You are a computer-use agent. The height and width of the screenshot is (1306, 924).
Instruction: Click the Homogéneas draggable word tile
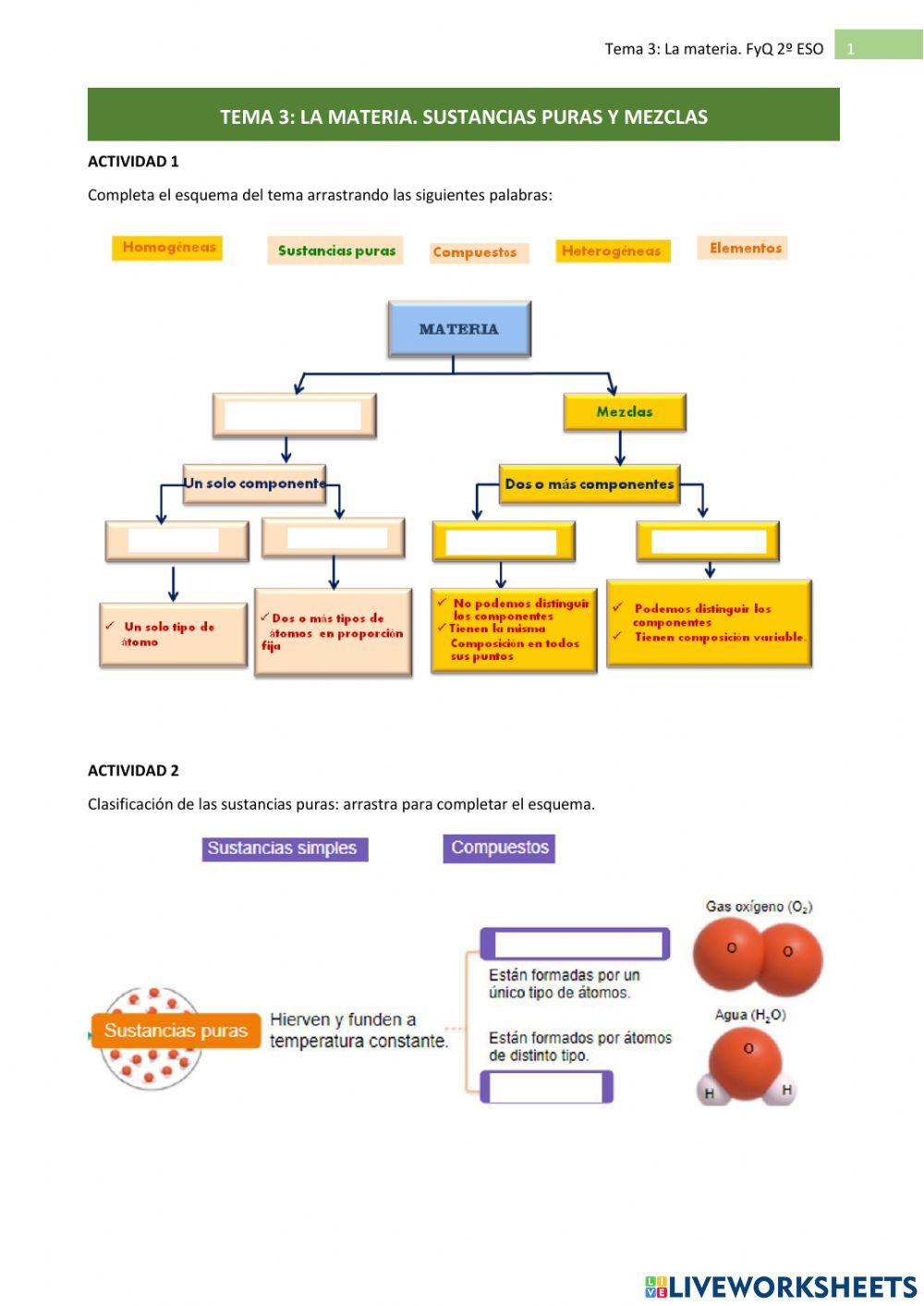pyautogui.click(x=167, y=248)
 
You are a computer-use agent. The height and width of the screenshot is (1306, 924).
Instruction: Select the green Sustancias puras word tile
pyautogui.click(x=335, y=250)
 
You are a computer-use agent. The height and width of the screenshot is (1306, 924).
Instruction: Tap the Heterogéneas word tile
pyautogui.click(x=612, y=250)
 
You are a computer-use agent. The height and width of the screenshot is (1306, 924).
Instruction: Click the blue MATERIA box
pyautogui.click(x=459, y=329)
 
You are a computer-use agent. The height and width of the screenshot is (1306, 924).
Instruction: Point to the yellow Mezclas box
pyautogui.click(x=625, y=412)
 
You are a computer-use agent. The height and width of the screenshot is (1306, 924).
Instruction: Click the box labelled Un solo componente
pyautogui.click(x=254, y=483)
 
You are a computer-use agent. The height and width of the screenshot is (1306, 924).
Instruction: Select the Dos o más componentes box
pyautogui.click(x=590, y=484)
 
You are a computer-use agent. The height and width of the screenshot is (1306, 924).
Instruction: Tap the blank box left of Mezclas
pyautogui.click(x=294, y=415)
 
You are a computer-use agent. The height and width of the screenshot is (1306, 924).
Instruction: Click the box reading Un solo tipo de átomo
pyautogui.click(x=173, y=634)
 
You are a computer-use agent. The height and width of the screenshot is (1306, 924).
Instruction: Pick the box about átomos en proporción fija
pyautogui.click(x=333, y=632)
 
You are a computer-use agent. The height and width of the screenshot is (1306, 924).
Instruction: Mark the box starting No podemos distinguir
pyautogui.click(x=514, y=629)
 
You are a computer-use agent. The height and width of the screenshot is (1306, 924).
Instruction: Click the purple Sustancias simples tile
pyautogui.click(x=285, y=848)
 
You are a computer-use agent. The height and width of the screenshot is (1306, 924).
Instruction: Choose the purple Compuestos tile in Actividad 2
pyautogui.click(x=499, y=848)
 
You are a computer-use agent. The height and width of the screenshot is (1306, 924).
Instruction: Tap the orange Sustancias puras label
pyautogui.click(x=176, y=1031)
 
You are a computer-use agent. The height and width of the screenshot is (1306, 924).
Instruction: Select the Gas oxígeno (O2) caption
pyautogui.click(x=759, y=907)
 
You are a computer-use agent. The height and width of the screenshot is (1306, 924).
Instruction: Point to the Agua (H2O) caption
pyautogui.click(x=749, y=1015)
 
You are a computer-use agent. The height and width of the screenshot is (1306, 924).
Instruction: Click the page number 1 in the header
pyautogui.click(x=851, y=49)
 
